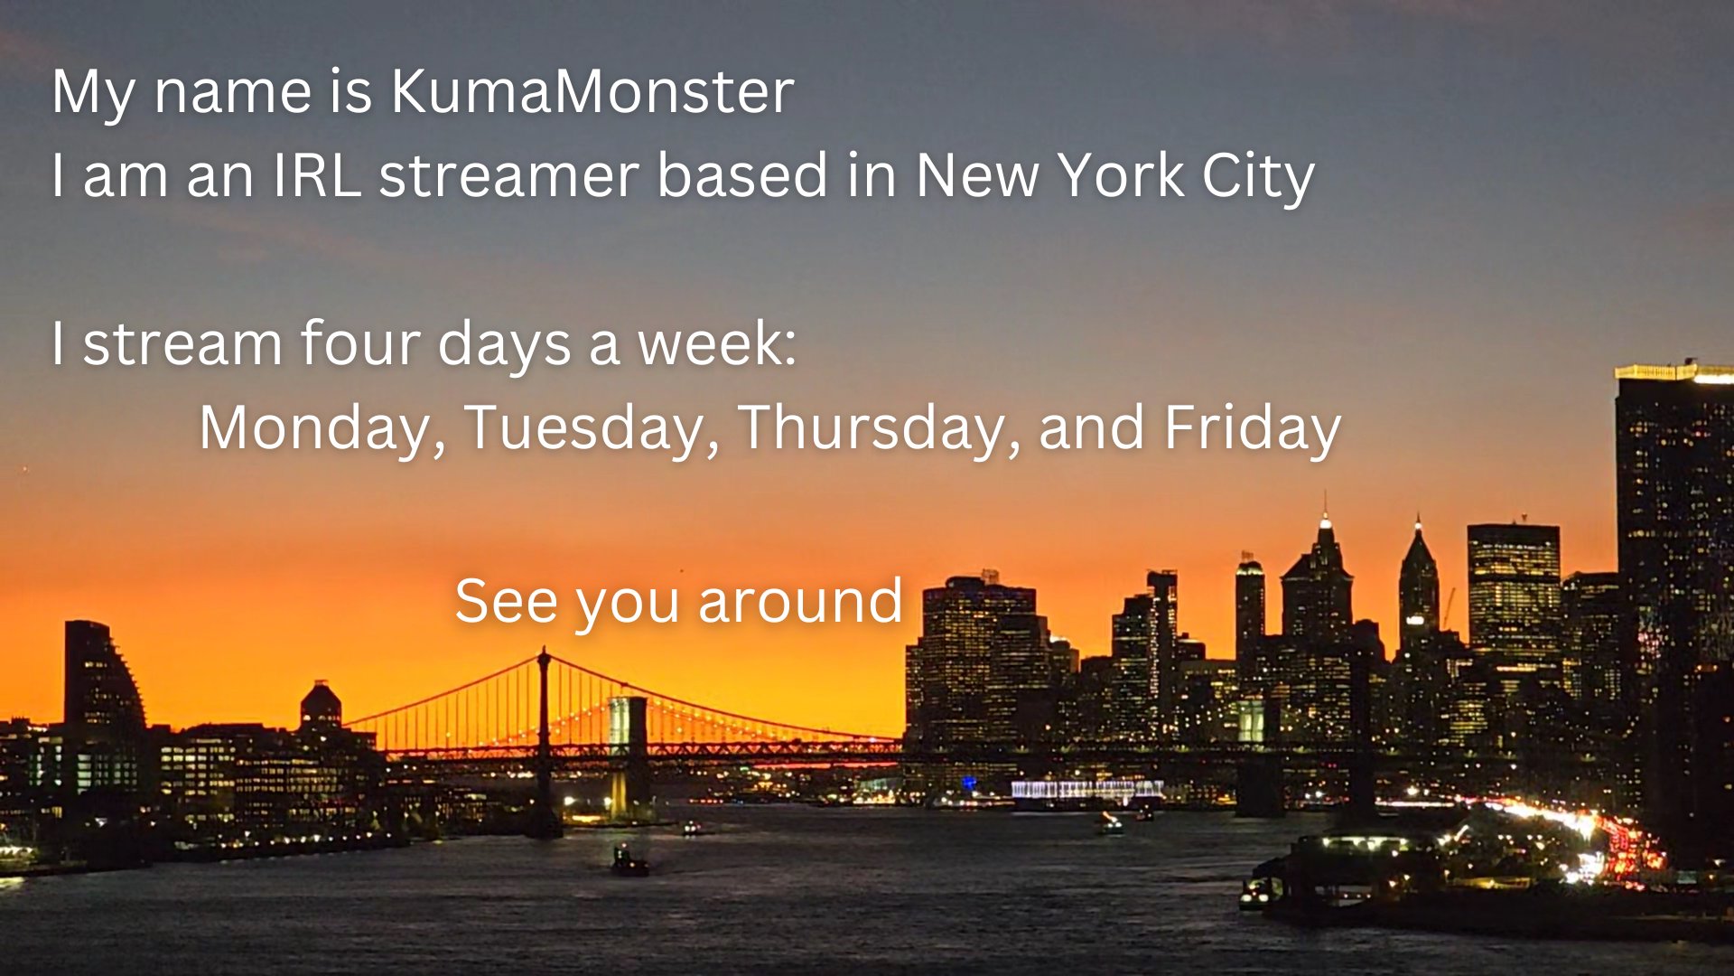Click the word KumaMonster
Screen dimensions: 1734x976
coord(592,91)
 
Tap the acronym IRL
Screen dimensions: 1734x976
coord(317,174)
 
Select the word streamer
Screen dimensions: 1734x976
coord(509,174)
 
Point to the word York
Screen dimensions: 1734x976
coord(1121,174)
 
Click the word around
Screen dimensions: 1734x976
coord(800,601)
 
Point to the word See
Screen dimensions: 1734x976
coord(507,601)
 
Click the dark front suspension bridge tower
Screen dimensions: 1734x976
coord(544,741)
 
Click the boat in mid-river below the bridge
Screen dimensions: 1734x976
coord(629,861)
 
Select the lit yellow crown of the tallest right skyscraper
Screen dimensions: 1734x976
coord(1673,371)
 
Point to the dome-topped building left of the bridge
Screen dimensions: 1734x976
coord(321,706)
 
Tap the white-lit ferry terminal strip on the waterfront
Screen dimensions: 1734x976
coord(1087,790)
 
